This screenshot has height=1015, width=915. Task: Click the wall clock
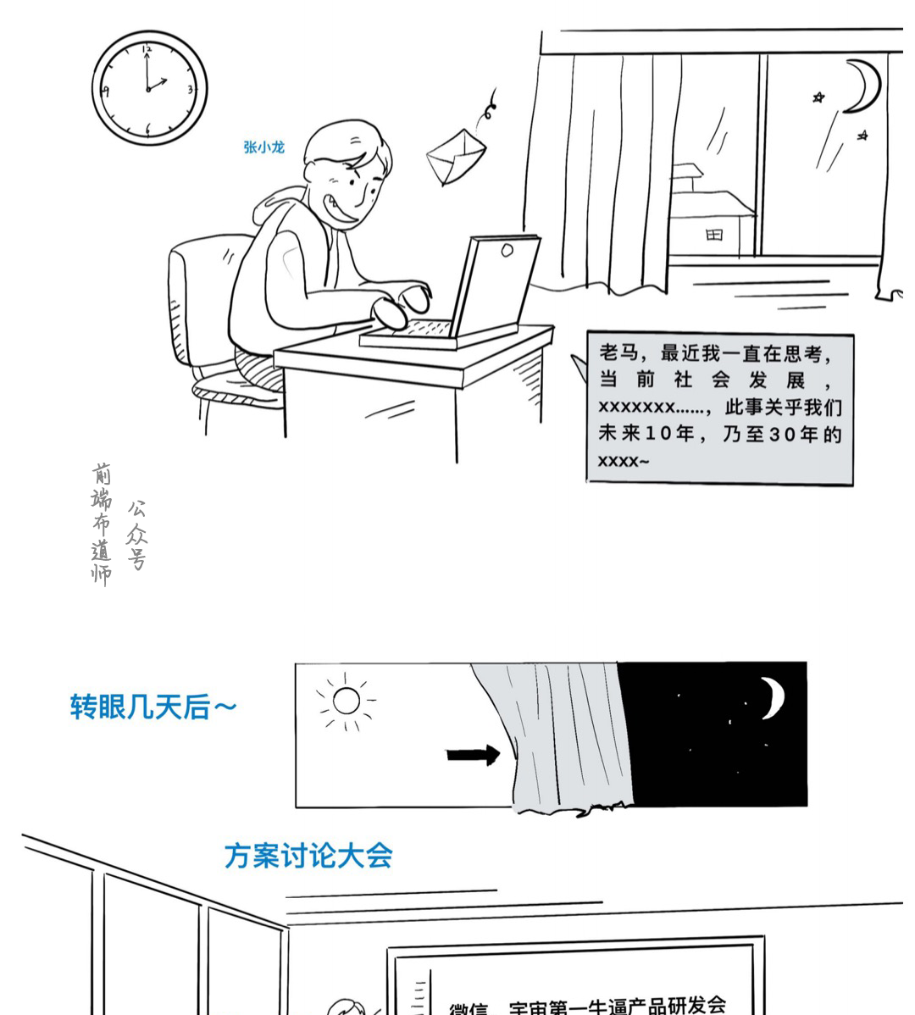click(x=148, y=88)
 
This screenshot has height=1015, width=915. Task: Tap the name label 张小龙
click(x=263, y=147)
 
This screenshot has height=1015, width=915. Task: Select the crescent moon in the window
click(x=863, y=85)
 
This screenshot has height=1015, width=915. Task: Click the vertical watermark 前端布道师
click(x=102, y=523)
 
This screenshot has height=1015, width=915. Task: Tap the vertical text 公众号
click(x=136, y=534)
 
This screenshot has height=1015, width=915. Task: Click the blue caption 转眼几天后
click(x=152, y=706)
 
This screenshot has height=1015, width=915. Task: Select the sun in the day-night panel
click(x=347, y=701)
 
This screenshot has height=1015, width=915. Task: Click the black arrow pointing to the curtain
click(x=472, y=754)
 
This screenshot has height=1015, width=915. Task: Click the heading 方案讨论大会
click(x=308, y=855)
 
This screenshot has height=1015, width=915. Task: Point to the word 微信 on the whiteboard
click(x=469, y=1008)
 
